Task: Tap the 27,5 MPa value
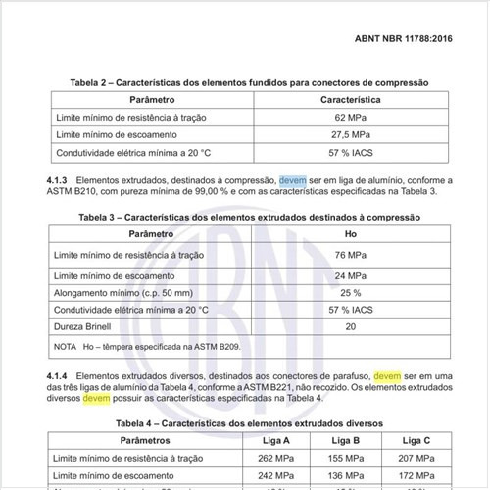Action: pos(351,134)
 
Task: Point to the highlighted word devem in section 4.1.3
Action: pos(292,180)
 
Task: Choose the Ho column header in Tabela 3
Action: pos(351,235)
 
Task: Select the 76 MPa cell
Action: pos(351,254)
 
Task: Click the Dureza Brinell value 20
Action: pos(351,326)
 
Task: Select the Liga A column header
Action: pos(271,441)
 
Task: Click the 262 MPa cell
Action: pos(271,458)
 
